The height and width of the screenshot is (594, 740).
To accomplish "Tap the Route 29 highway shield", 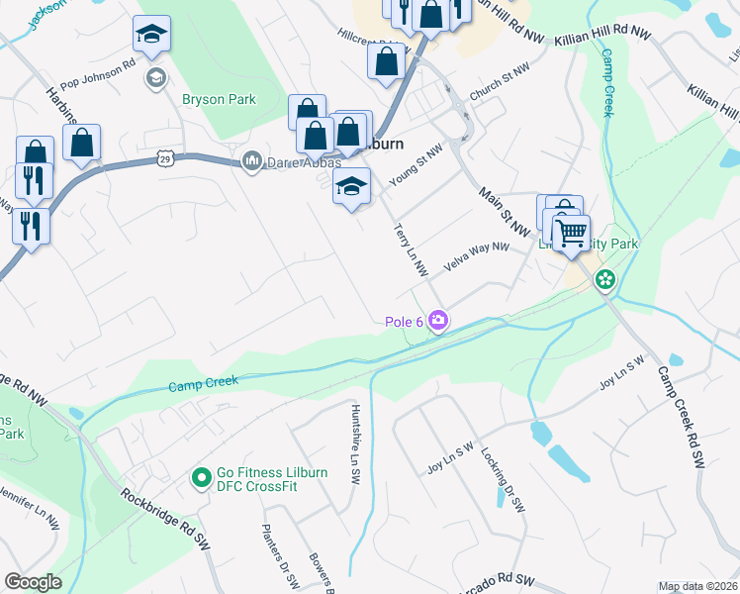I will point(165,157).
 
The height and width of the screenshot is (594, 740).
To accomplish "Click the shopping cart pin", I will point(571,234).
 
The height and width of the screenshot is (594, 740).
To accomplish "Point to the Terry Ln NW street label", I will point(410,248).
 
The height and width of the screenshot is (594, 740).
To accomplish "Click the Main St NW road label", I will point(511,206).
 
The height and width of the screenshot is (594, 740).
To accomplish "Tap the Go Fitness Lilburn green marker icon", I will point(201,479).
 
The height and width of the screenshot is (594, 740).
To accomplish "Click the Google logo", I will point(33,582).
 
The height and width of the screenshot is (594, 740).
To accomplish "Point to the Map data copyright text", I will point(697,586).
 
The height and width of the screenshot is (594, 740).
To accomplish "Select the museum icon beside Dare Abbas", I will point(251,160).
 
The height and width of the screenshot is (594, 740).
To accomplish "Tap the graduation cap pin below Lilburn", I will point(351,186).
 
